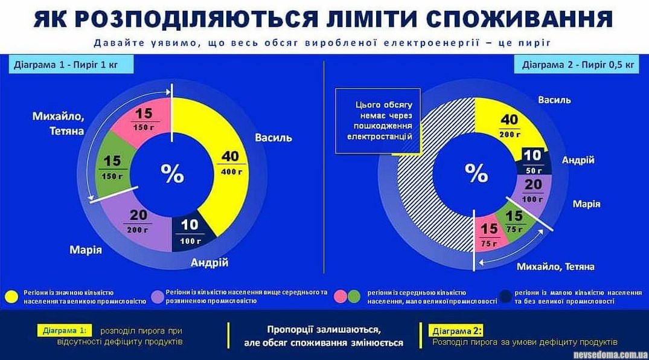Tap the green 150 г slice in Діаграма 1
113,168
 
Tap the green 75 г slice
514,223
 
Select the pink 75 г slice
488,235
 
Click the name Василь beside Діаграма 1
273,137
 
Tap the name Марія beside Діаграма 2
586,204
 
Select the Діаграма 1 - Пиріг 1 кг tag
70,65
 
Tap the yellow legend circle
11,295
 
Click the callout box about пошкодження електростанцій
378,121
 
